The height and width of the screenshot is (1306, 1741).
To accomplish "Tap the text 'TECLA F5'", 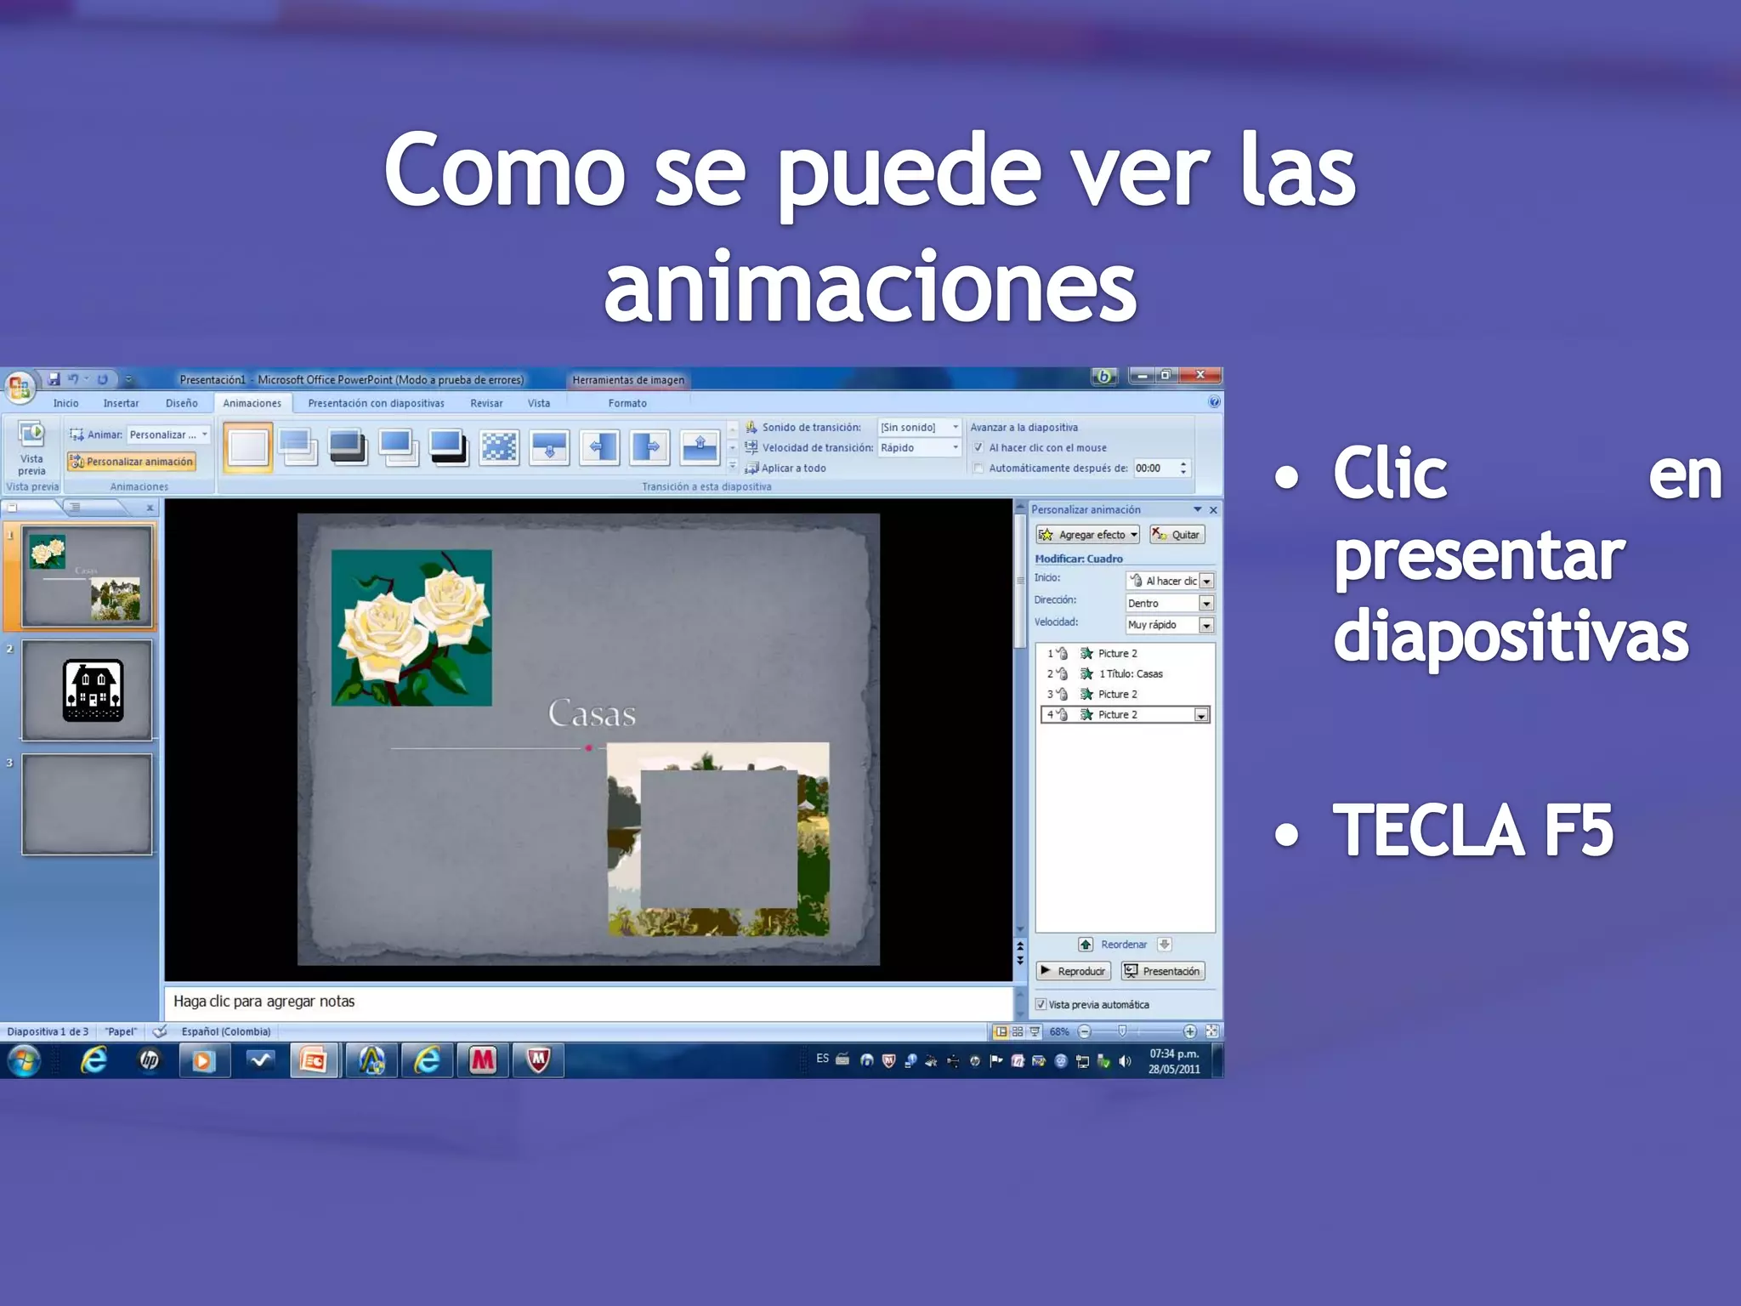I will pos(1472,831).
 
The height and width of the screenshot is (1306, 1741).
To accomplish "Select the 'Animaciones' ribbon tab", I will pos(252,403).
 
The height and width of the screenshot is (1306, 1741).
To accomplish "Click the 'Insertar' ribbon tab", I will pos(121,403).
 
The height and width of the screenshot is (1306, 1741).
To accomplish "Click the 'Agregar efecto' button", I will pos(1087,535).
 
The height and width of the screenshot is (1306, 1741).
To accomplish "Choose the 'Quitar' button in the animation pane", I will pos(1177,535).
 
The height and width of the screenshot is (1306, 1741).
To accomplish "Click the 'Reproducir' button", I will pos(1074,971).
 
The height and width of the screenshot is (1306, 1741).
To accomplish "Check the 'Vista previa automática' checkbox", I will pos(1041,1004).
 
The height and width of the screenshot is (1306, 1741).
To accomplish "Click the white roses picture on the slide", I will pos(411,627).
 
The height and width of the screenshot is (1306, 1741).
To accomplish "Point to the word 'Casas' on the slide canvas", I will pos(592,713).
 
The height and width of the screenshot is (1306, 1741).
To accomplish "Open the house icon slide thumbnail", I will pos(88,690).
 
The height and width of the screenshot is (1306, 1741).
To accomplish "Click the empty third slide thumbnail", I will pos(88,804).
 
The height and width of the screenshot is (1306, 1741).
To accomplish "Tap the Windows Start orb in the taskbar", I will pos(24,1060).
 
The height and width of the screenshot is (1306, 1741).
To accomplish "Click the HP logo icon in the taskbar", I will pos(149,1060).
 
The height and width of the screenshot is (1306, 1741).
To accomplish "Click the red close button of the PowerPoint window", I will pos(1199,375).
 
